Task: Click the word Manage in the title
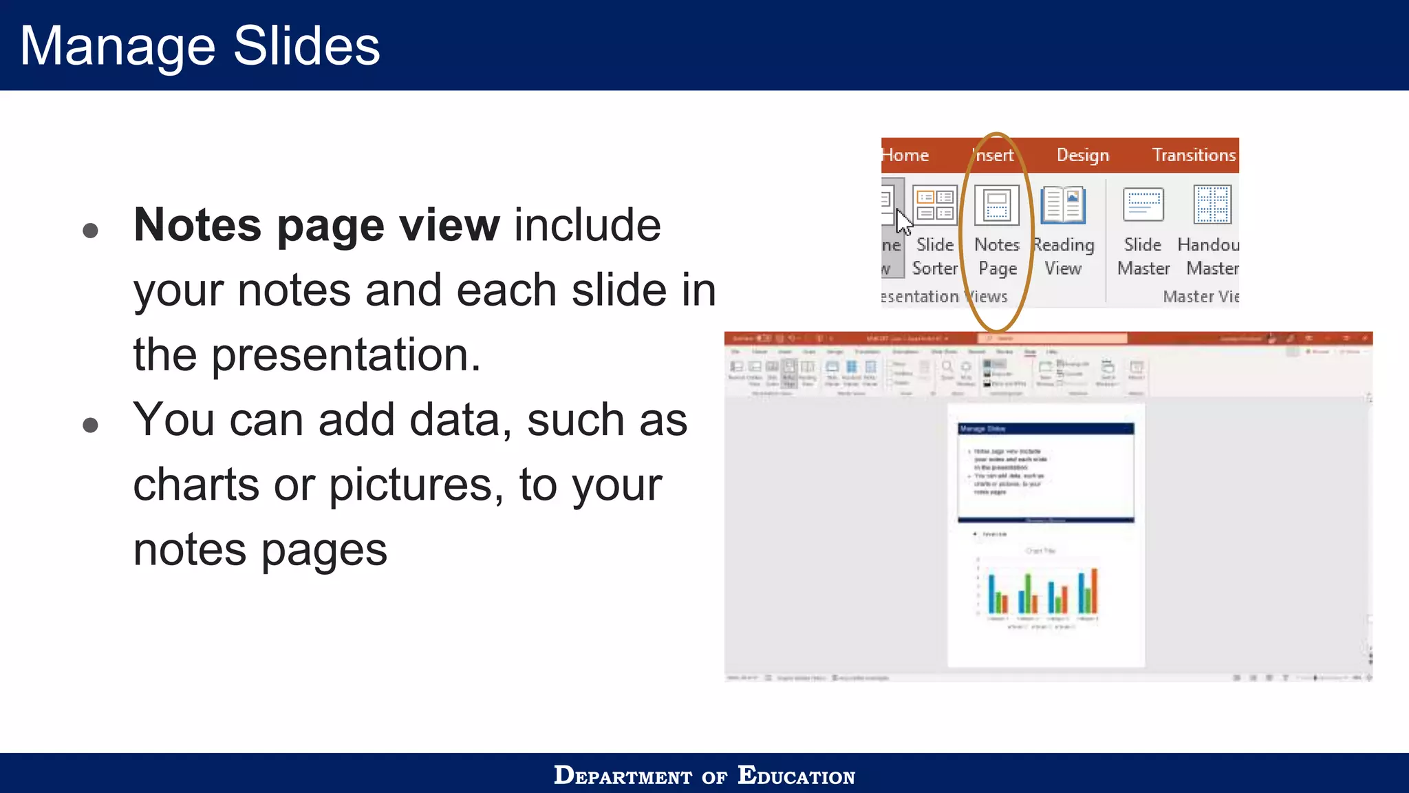tap(117, 45)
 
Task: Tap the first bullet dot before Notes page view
tap(90, 230)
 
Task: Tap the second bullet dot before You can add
tap(90, 425)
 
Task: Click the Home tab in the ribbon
tap(905, 156)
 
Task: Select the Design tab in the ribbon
tap(1083, 156)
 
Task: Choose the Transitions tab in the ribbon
tap(1194, 156)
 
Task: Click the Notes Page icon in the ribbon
tap(997, 205)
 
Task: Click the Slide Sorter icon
tap(935, 205)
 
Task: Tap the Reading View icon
tap(1063, 205)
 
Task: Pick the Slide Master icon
tap(1143, 205)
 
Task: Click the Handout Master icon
tap(1212, 205)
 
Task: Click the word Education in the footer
tap(796, 776)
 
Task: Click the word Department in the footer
tap(623, 776)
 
